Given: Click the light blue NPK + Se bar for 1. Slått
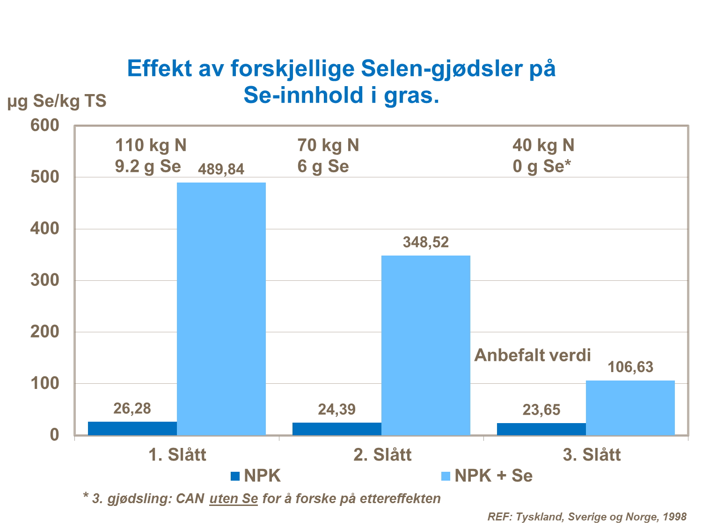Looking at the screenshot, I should tap(221, 308).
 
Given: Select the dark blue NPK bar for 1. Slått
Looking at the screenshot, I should tap(132, 428).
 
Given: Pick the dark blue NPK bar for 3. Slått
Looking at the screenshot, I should tap(541, 429).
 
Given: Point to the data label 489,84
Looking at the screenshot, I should tap(221, 169).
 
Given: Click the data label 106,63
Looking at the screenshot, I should tap(630, 367).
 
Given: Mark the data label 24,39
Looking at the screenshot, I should tap(336, 410).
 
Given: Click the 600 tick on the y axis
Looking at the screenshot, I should tap(45, 125).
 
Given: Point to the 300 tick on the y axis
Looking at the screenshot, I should tap(45, 280).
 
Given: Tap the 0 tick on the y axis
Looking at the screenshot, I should tap(55, 435).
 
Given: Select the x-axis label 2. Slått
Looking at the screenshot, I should tap(382, 455).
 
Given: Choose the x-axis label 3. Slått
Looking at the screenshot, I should tap(592, 455).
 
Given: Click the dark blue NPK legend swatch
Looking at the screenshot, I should tap(235, 476).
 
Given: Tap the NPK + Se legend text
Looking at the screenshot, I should tap(493, 476).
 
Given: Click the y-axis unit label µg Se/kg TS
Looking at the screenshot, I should tap(57, 101).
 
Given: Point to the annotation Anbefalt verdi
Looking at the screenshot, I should tap(533, 355).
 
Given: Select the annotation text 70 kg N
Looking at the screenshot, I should tap(328, 146).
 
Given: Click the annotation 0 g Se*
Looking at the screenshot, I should tap(542, 166).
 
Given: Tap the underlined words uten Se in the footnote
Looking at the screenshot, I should tap(234, 498).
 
